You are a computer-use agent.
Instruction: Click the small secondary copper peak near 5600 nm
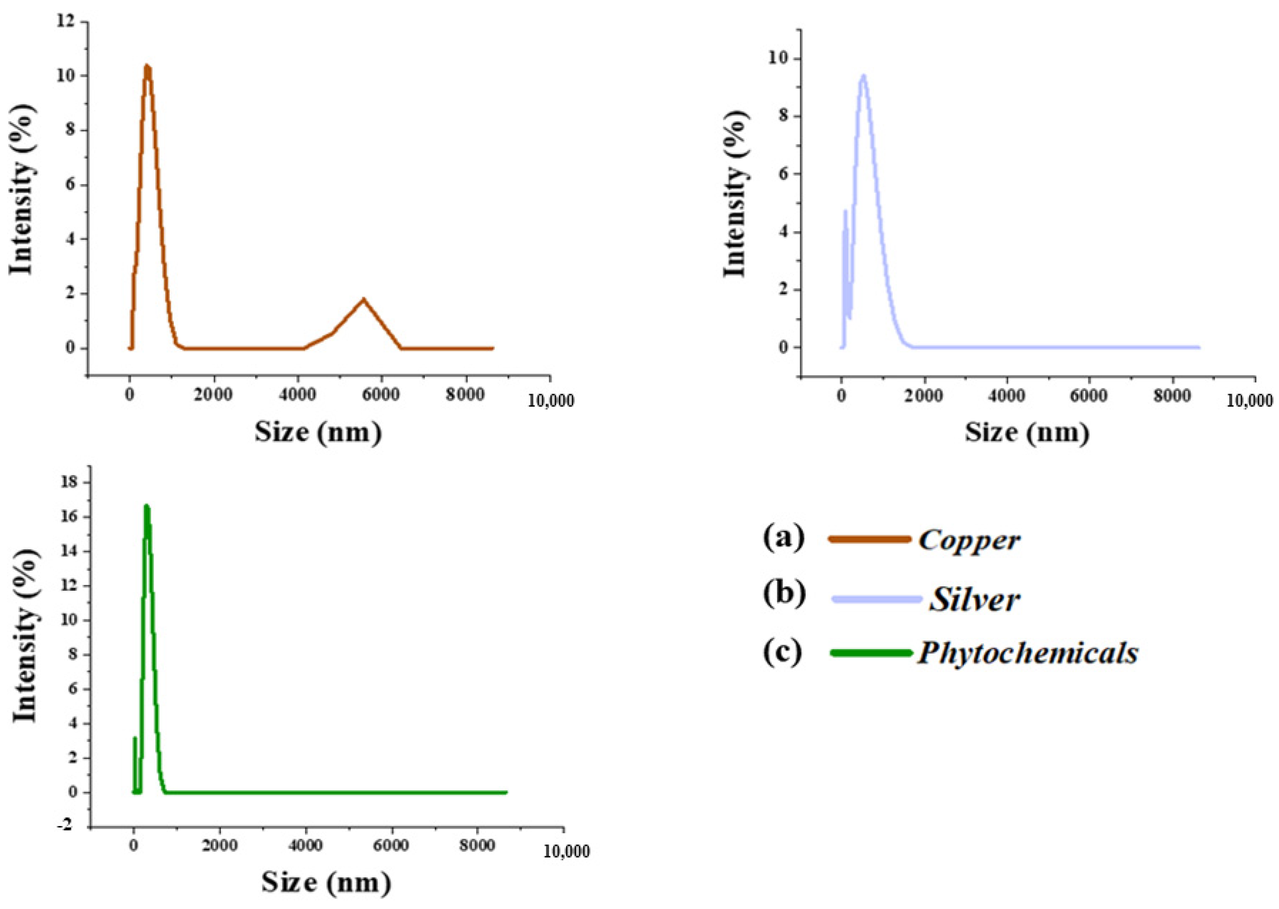pyautogui.click(x=364, y=300)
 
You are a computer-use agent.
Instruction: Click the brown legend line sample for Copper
pyautogui.click(x=869, y=539)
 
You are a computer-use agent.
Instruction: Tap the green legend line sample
pyautogui.click(x=871, y=653)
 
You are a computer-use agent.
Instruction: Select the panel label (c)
pyautogui.click(x=783, y=652)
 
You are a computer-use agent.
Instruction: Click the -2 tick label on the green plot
pyautogui.click(x=67, y=826)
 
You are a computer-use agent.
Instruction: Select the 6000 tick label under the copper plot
pyautogui.click(x=382, y=395)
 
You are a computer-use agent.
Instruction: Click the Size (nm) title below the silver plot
pyautogui.click(x=1027, y=432)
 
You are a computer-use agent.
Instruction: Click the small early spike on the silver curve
pyautogui.click(x=845, y=211)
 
